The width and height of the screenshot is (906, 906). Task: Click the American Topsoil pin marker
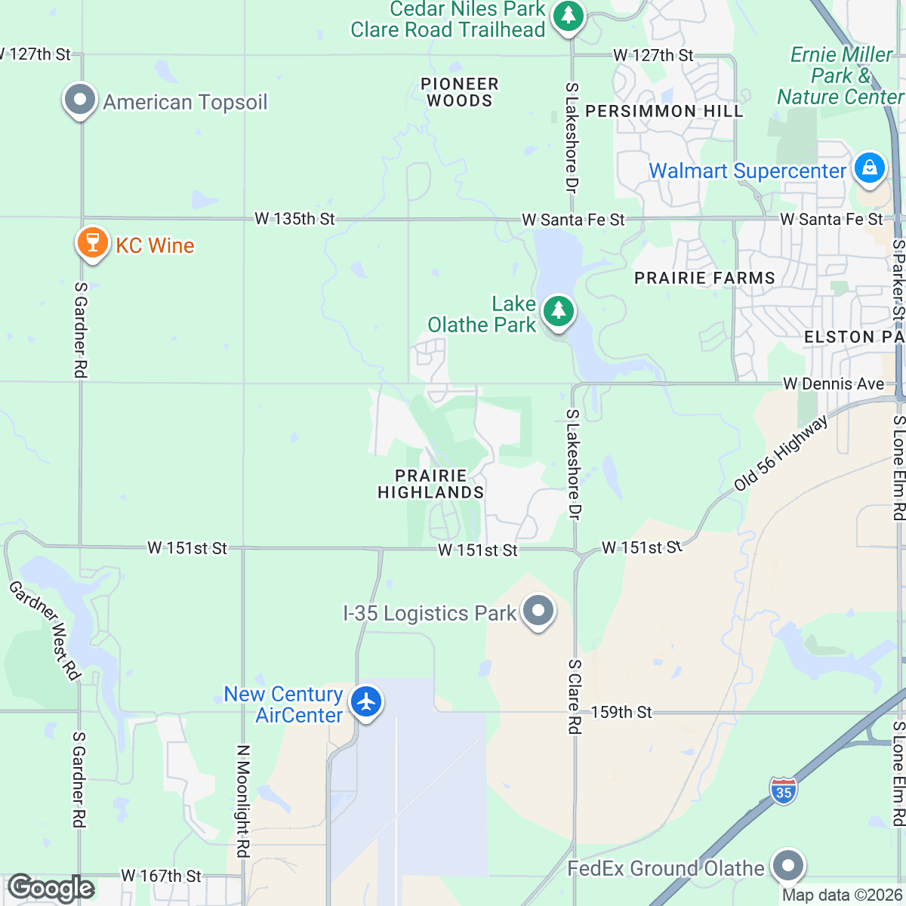tap(79, 100)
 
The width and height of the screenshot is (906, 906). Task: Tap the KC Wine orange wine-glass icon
tap(92, 243)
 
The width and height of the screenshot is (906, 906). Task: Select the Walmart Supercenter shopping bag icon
tap(869, 168)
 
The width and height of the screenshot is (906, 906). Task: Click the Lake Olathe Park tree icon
tap(559, 312)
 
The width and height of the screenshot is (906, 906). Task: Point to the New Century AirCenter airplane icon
tap(367, 702)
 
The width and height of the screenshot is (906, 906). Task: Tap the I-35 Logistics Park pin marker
tap(538, 611)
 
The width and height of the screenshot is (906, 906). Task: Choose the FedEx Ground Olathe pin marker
tap(788, 866)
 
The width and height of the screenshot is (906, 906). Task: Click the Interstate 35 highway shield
tap(784, 791)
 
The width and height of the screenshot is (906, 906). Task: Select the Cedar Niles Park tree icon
tap(568, 17)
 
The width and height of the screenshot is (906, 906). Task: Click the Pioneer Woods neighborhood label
tap(460, 92)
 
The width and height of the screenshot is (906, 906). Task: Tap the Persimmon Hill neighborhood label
tap(664, 112)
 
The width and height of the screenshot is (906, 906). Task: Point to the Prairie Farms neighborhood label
tap(704, 279)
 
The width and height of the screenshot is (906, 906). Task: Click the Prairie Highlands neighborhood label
tap(431, 484)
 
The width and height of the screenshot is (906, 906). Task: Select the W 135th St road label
tap(294, 219)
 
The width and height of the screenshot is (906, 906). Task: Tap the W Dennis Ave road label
tap(834, 384)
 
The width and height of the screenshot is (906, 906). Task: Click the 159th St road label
tap(621, 712)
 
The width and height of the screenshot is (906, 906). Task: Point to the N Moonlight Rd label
tap(242, 801)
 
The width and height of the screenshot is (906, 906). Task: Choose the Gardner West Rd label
tap(45, 630)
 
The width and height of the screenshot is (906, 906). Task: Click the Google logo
tap(51, 888)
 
